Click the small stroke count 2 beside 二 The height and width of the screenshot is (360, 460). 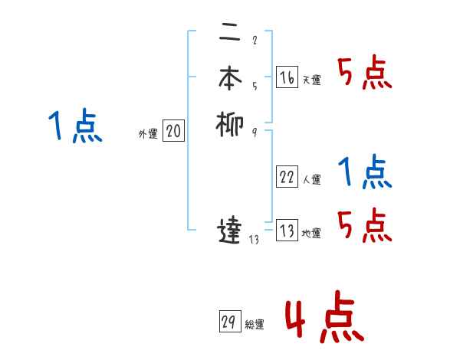click(x=254, y=41)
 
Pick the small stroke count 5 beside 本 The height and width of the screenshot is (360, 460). click(x=254, y=87)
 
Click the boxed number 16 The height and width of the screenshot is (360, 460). click(x=287, y=77)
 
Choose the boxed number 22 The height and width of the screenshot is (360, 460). click(x=287, y=177)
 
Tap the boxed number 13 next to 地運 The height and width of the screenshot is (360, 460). click(x=287, y=231)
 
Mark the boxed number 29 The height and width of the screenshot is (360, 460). click(x=229, y=322)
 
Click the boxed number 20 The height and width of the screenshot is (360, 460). click(x=173, y=132)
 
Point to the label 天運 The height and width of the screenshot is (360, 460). click(x=312, y=80)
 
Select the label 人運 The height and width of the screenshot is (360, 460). click(x=312, y=180)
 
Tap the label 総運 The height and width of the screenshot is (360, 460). click(x=255, y=325)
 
